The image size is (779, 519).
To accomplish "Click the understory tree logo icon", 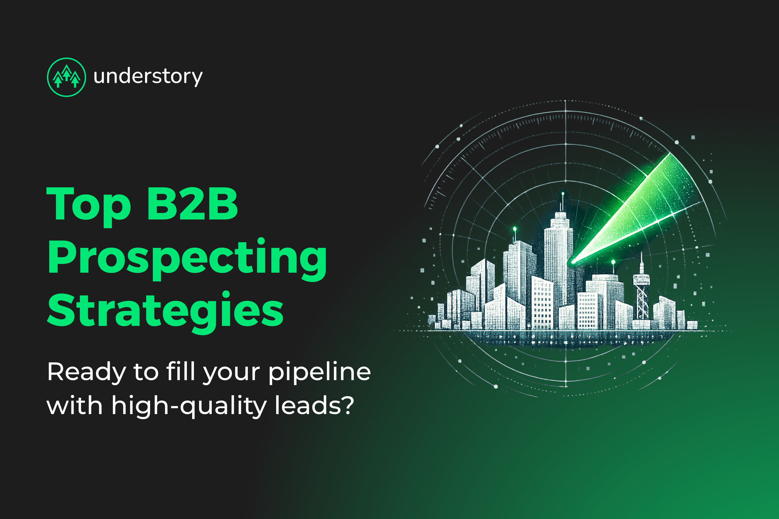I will [x=67, y=77].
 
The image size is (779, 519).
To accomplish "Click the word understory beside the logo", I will [x=148, y=77].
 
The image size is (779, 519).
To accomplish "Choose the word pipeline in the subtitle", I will [x=319, y=372].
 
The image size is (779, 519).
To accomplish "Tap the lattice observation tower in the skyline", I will [x=642, y=291].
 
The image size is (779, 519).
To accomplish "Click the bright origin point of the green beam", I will [x=573, y=262].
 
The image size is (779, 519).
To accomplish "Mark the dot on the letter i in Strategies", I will [x=226, y=294].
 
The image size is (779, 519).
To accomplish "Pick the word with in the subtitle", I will [x=75, y=406].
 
